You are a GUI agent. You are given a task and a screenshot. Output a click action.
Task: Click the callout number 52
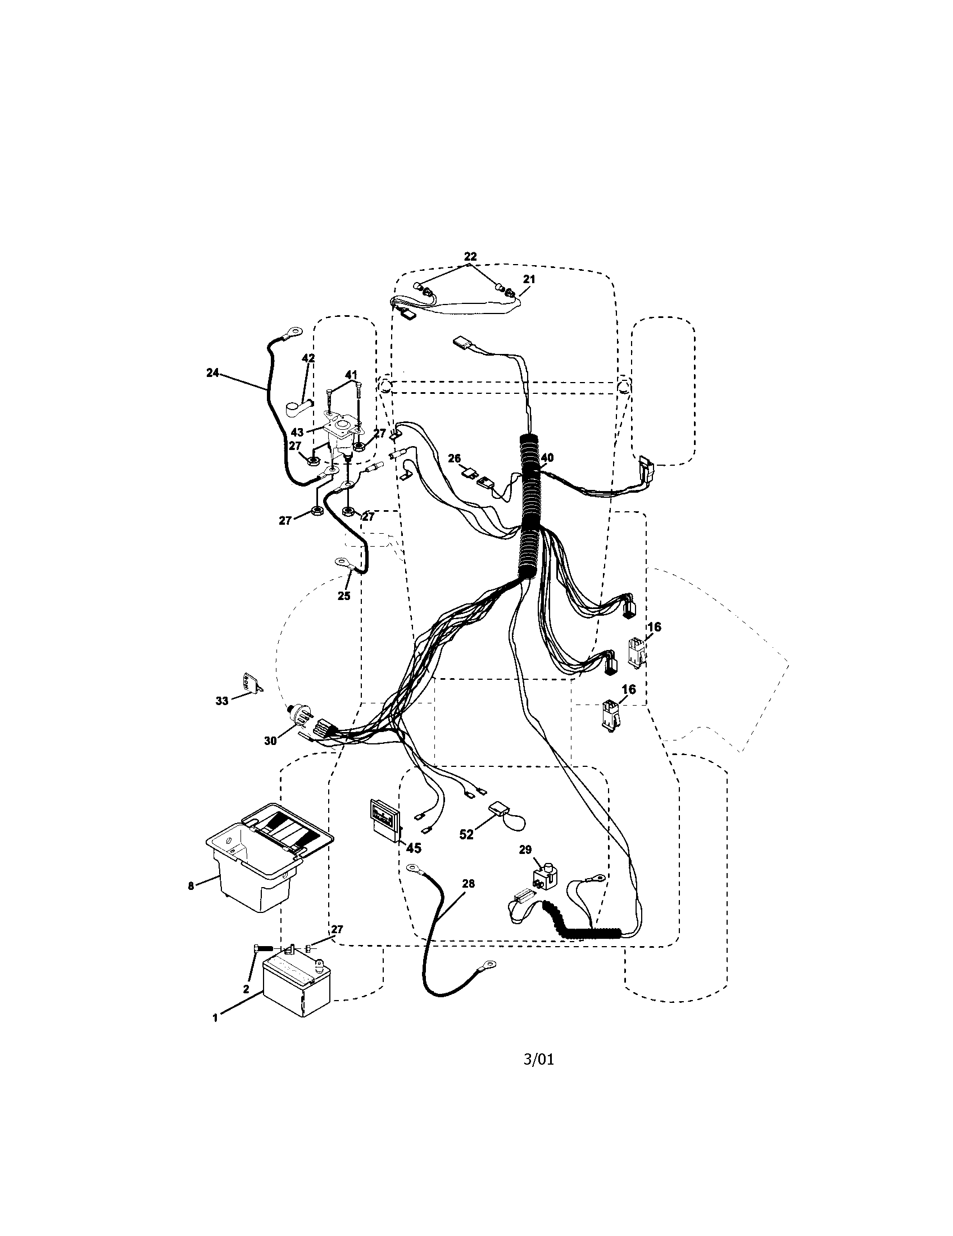pos(466,851)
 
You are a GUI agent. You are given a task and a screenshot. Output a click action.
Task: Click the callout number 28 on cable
pos(468,883)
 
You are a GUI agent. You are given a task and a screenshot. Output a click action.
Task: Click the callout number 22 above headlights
pos(470,256)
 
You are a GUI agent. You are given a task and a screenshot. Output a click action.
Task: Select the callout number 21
pos(529,279)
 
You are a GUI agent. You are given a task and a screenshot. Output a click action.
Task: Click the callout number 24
pos(212,372)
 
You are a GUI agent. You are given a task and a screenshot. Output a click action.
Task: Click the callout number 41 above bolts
pos(351,374)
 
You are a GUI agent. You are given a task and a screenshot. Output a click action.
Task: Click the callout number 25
pos(343,596)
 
